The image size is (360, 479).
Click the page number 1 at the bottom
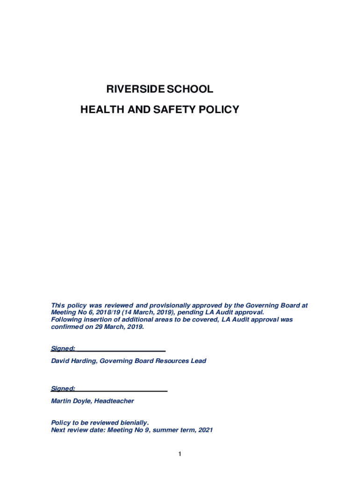click(180, 454)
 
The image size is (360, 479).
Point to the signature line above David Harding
click(121, 350)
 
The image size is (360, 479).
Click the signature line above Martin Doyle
click(122, 391)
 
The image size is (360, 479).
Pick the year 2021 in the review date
click(205, 430)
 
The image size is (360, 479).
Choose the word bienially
click(132, 422)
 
